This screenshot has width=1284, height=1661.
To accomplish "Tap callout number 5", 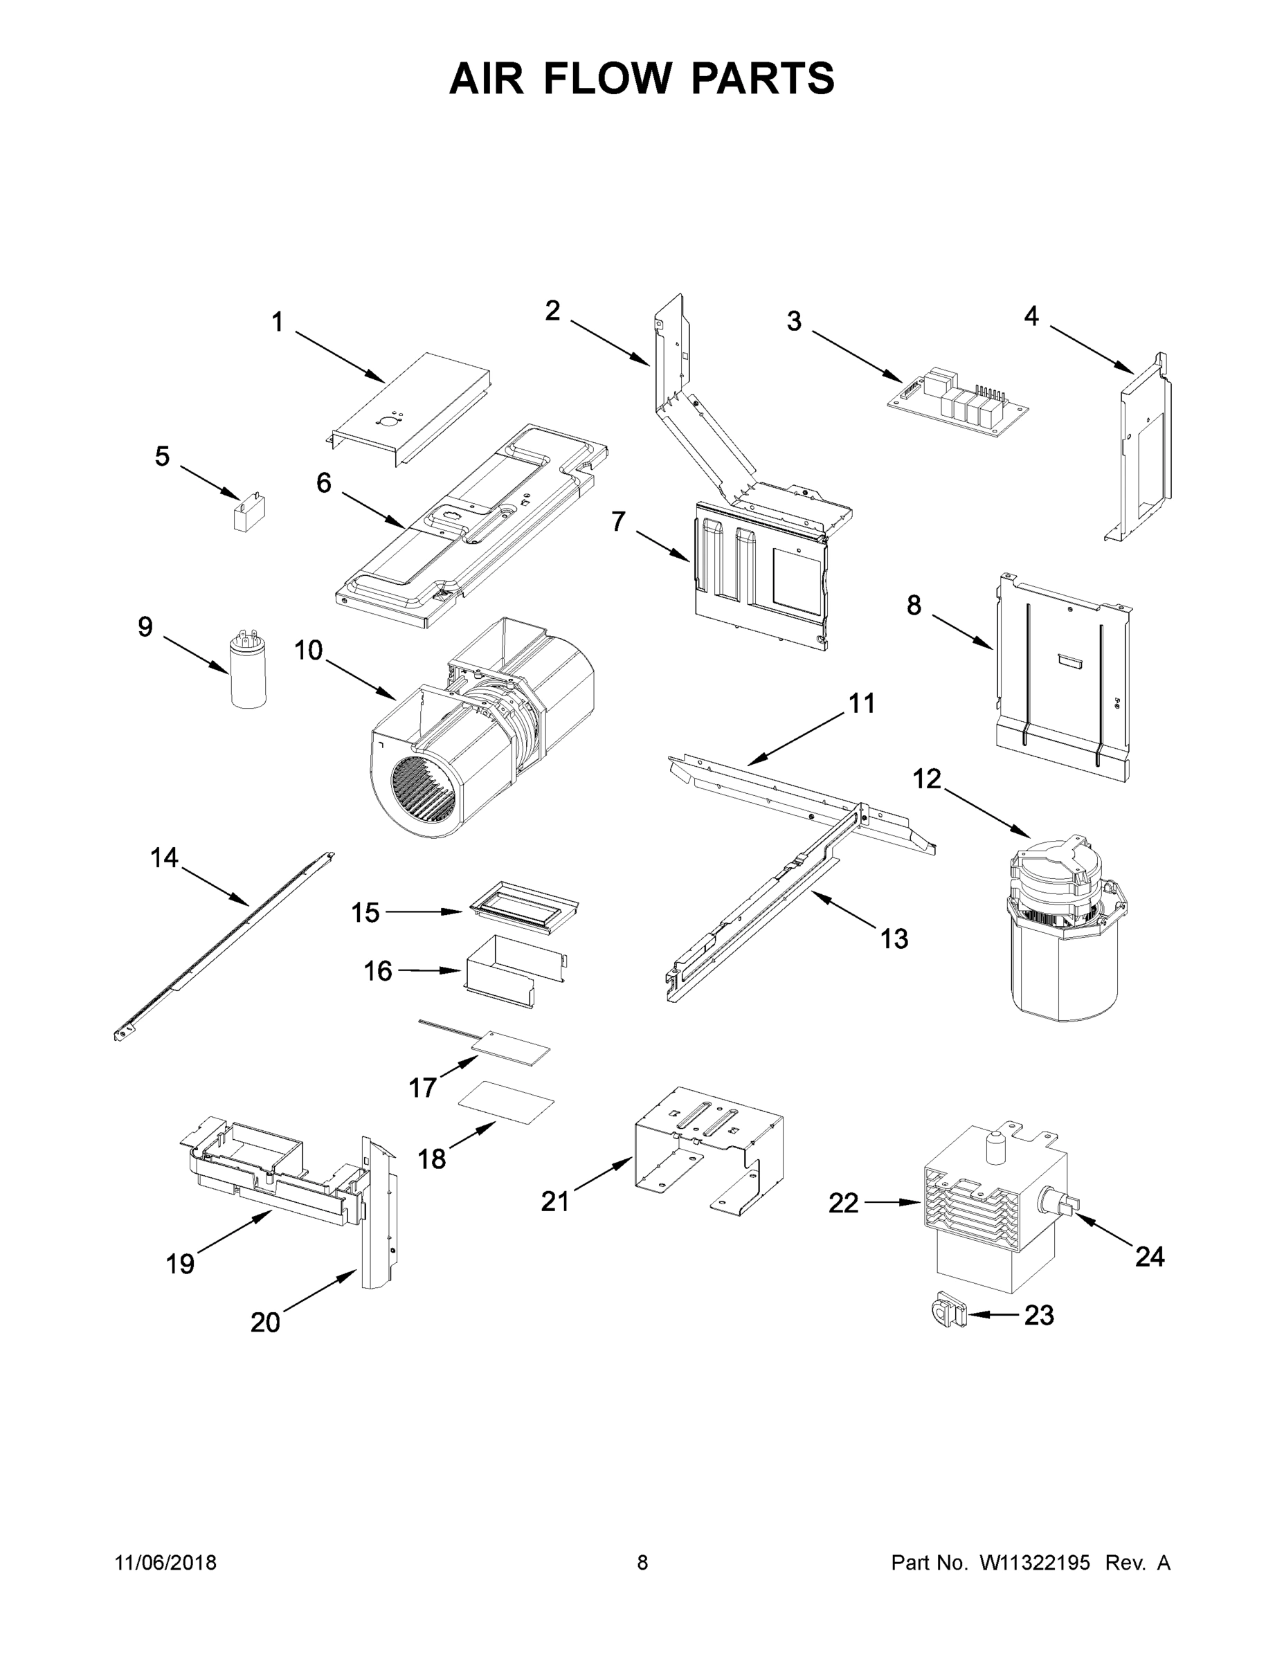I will pyautogui.click(x=162, y=456).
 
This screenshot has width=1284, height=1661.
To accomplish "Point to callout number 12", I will pyautogui.click(x=927, y=779).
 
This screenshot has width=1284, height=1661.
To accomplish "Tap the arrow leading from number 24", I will pyautogui.click(x=1103, y=1233).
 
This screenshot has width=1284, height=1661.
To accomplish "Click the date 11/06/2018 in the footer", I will pyautogui.click(x=165, y=1563).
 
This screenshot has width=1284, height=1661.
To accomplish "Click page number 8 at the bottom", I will pyautogui.click(x=642, y=1563).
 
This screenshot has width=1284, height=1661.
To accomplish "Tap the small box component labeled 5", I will pyautogui.click(x=251, y=515).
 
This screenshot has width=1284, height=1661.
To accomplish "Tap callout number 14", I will pyautogui.click(x=163, y=858).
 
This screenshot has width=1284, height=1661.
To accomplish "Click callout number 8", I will pyautogui.click(x=914, y=606).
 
